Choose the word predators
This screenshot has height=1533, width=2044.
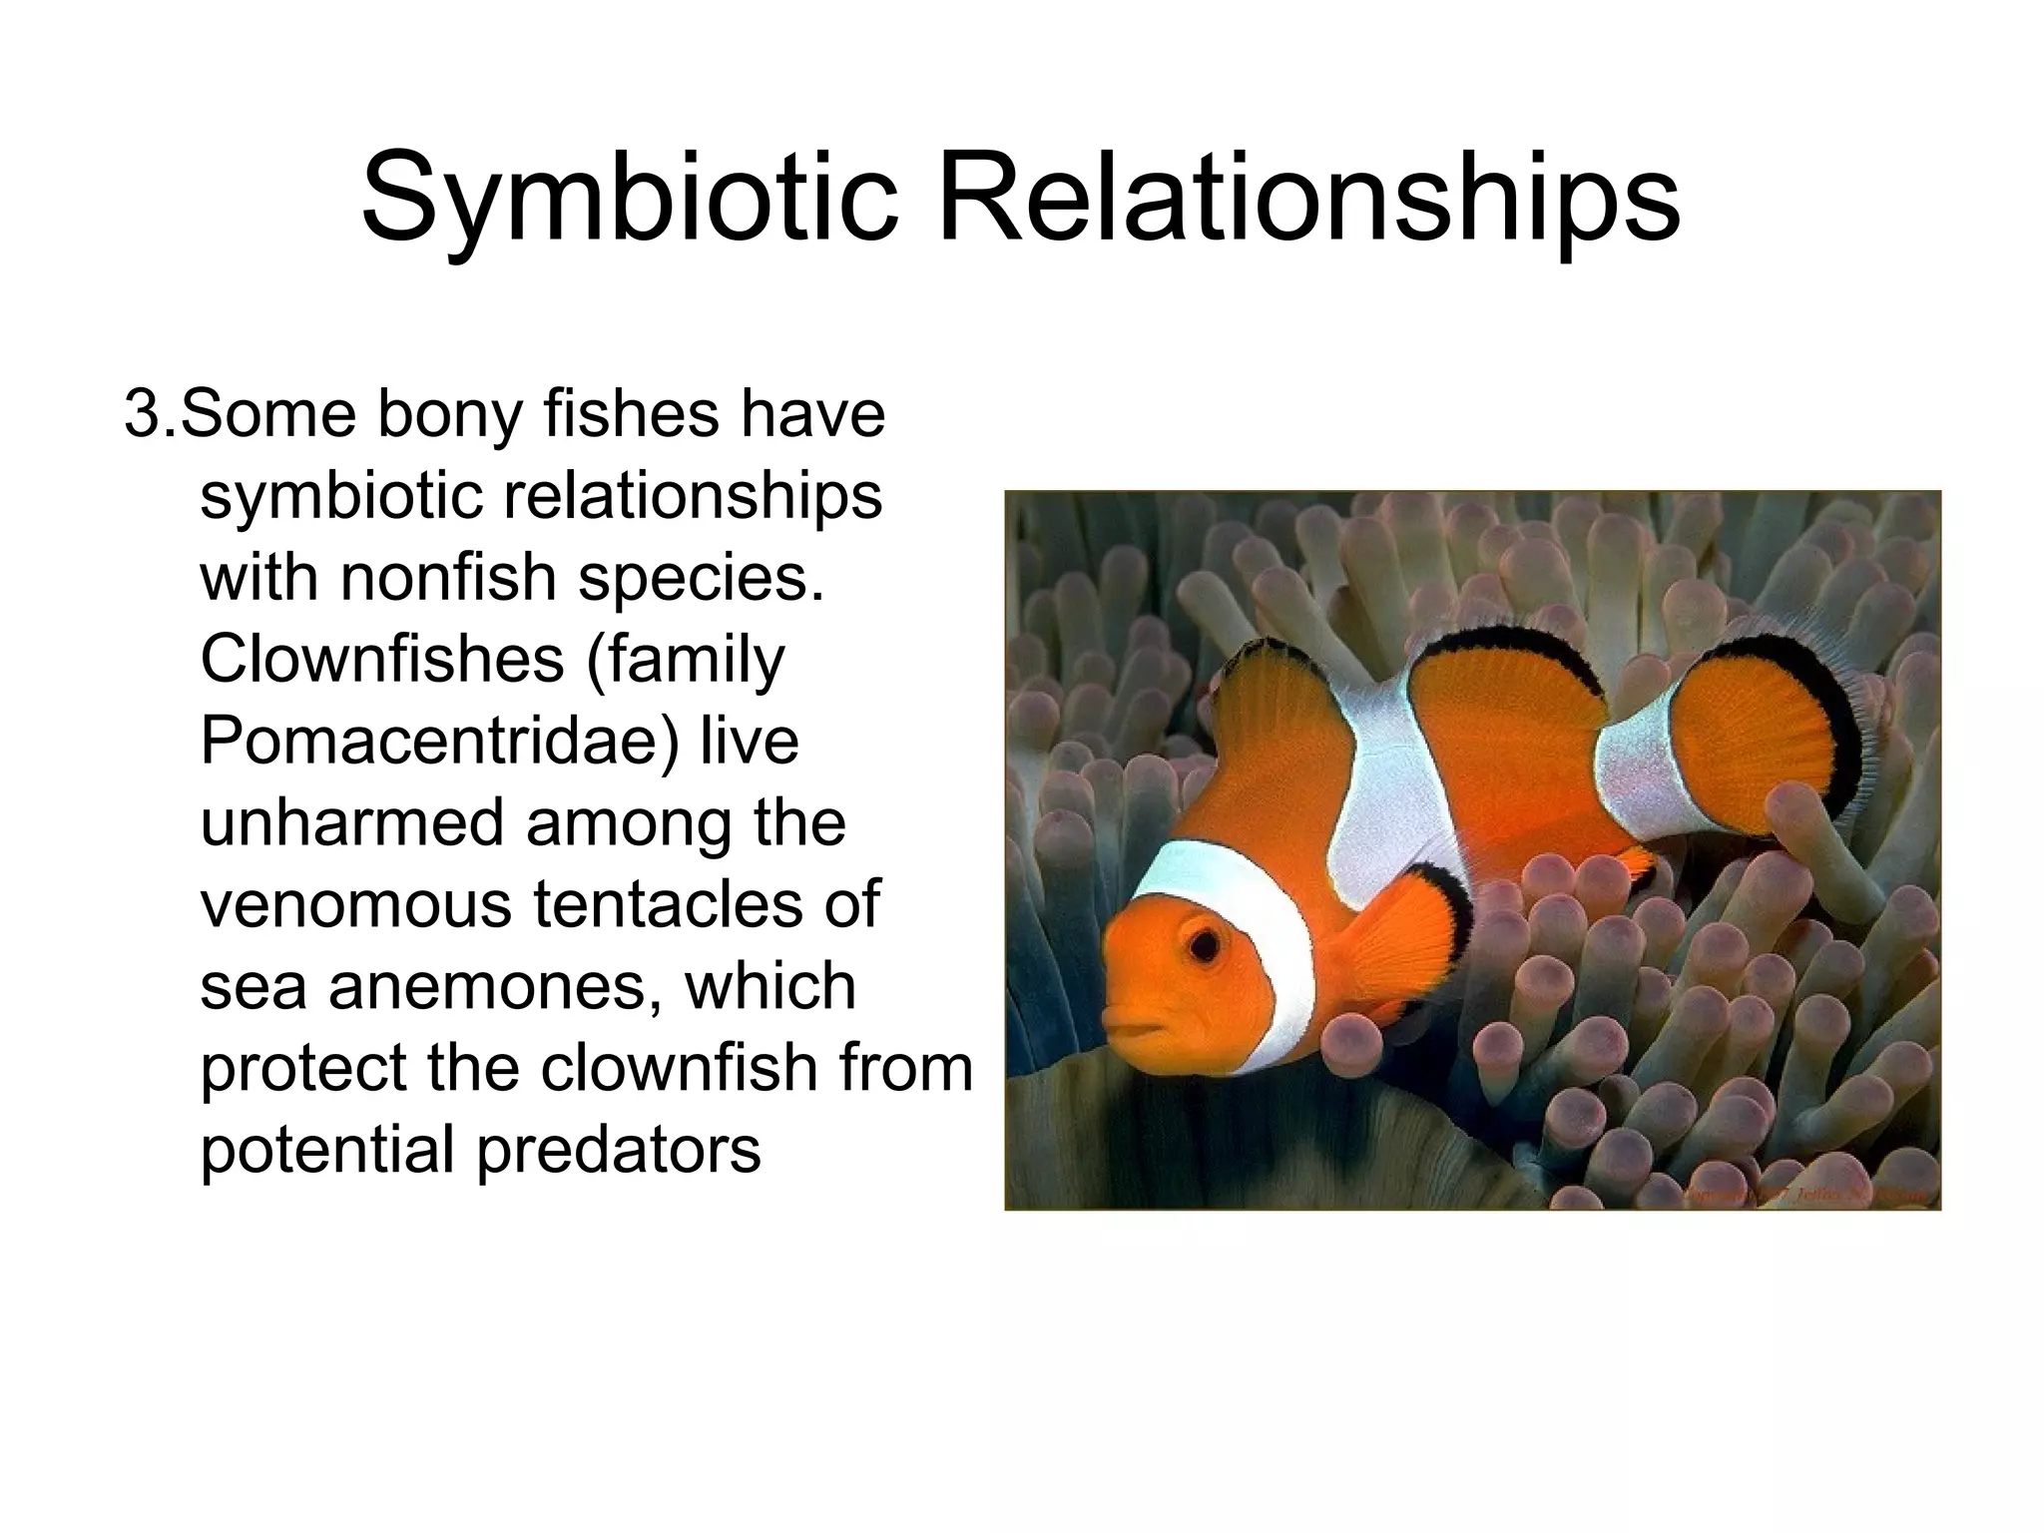tap(619, 1151)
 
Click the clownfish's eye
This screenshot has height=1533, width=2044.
tap(1205, 943)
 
